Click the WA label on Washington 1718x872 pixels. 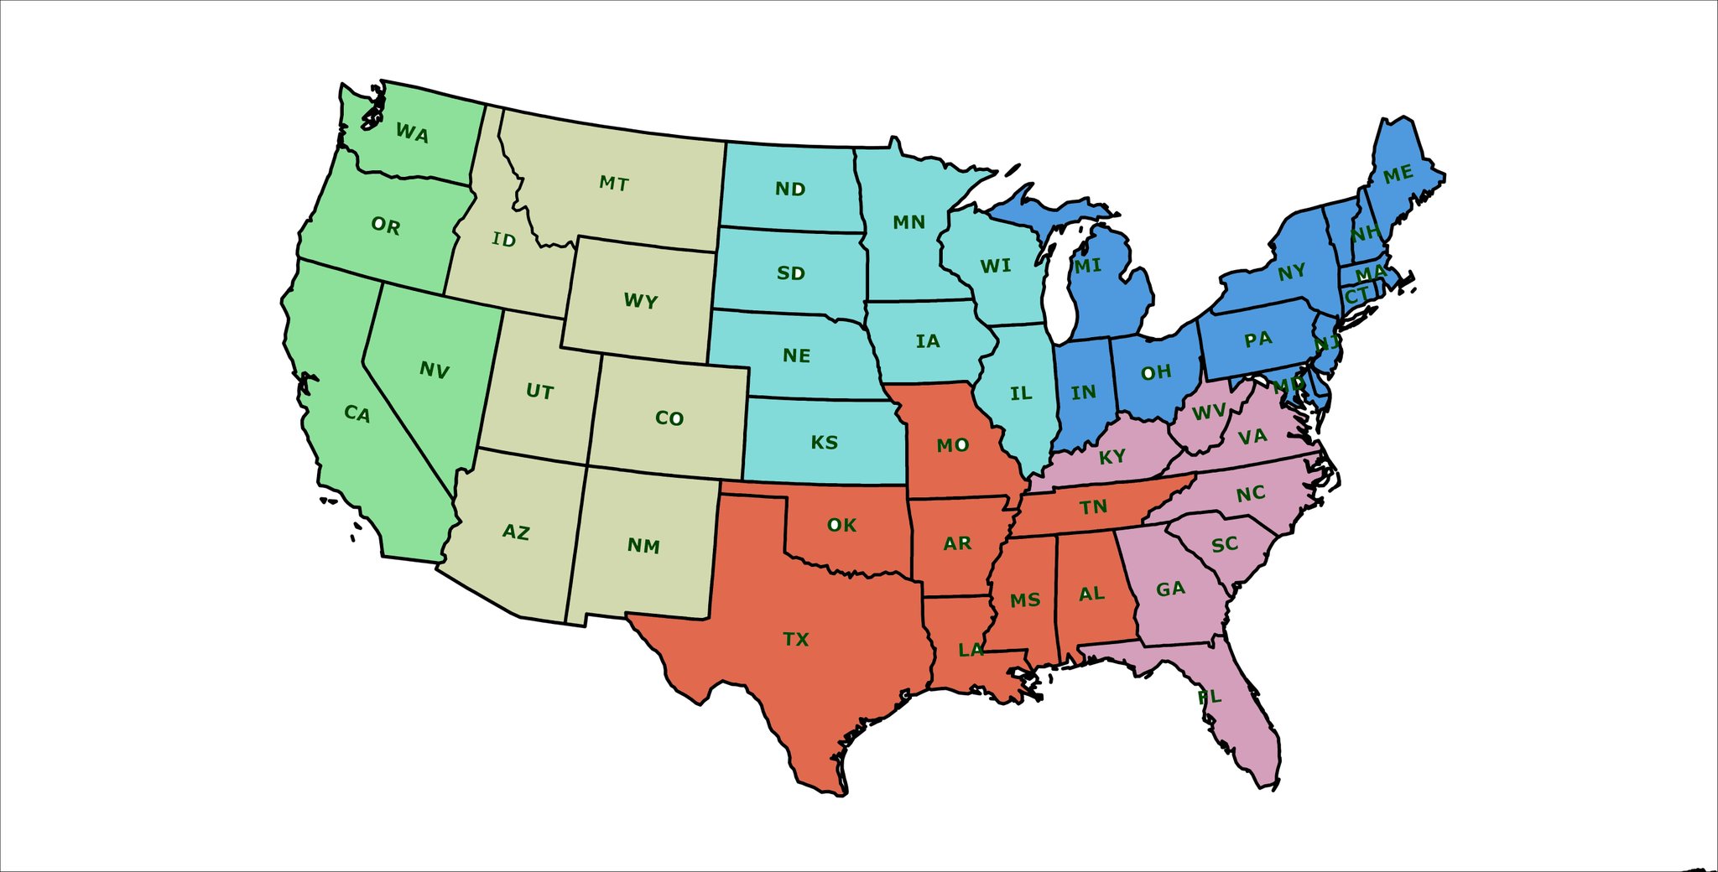click(412, 133)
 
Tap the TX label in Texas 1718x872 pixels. click(795, 640)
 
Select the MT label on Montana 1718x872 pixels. click(613, 184)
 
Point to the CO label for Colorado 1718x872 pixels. click(669, 418)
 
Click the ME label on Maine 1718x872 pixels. click(1398, 174)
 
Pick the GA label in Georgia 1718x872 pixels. click(1170, 589)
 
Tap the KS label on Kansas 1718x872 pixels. click(824, 443)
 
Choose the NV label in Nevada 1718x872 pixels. click(434, 370)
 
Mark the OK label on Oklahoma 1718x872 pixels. click(841, 525)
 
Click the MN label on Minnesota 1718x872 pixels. click(908, 222)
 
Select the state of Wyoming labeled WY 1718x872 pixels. click(640, 301)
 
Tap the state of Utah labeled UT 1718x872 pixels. click(539, 392)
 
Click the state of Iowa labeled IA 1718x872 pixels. click(927, 341)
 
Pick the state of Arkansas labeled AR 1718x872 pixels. click(956, 543)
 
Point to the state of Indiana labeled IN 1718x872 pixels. click(1083, 392)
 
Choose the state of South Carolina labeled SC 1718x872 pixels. click(1225, 544)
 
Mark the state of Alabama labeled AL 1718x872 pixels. click(1091, 594)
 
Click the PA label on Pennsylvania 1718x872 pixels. click(1257, 340)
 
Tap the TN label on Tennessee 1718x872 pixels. click(1093, 507)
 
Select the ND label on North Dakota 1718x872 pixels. click(789, 189)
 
